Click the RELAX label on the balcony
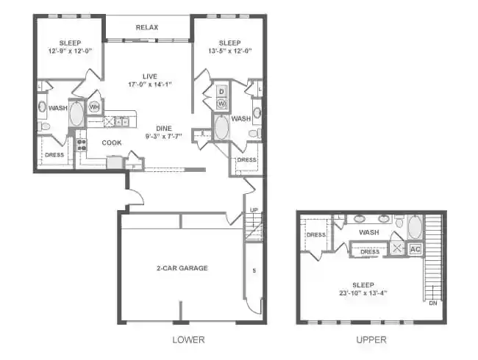pyautogui.click(x=148, y=28)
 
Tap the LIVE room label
pyautogui.click(x=149, y=76)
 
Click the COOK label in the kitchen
pyautogui.click(x=112, y=143)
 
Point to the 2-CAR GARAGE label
pyautogui.click(x=182, y=268)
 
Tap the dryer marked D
pyautogui.click(x=221, y=92)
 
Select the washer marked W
pyautogui.click(x=221, y=104)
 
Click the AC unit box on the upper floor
pyautogui.click(x=415, y=248)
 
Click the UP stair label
pyautogui.click(x=254, y=210)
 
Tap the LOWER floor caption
pyautogui.click(x=188, y=340)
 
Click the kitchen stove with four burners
pyautogui.click(x=82, y=145)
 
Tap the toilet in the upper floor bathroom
pyautogui.click(x=398, y=221)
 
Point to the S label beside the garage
pyautogui.click(x=254, y=272)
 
